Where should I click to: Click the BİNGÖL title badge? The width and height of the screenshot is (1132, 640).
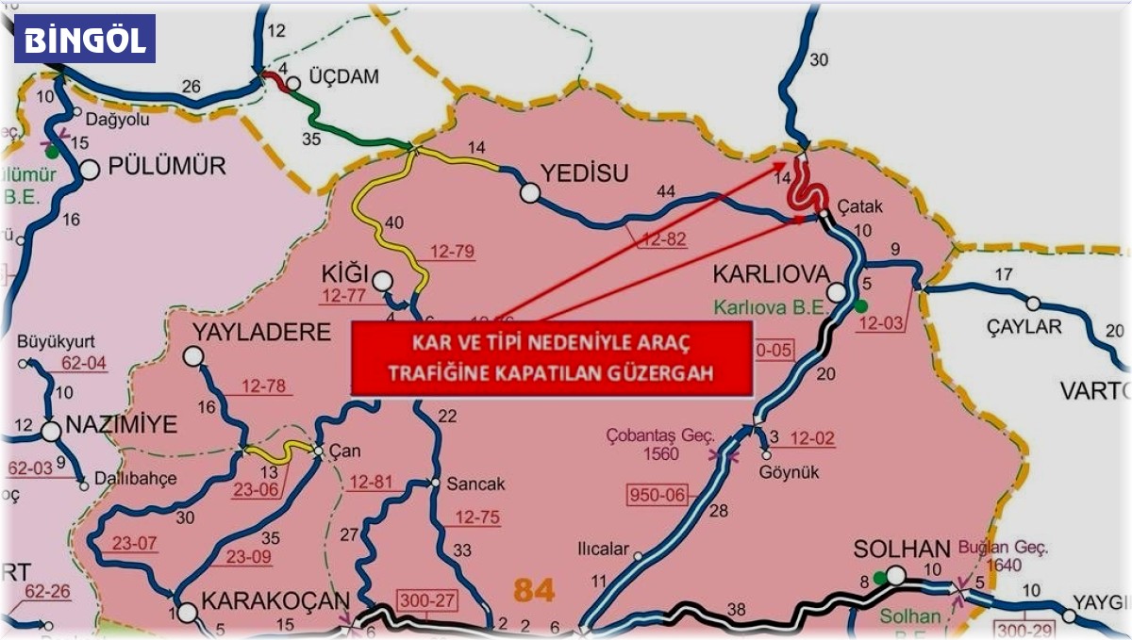pyautogui.click(x=85, y=39)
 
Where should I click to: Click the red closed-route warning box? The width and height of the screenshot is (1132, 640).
pyautogui.click(x=552, y=357)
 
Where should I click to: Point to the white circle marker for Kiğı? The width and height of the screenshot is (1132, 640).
pyautogui.click(x=382, y=280)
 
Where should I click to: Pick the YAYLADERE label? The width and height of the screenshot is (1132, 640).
pyautogui.click(x=262, y=332)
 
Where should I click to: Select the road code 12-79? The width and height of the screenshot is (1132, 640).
pyautogui.click(x=452, y=252)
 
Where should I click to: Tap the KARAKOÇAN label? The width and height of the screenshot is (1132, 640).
pyautogui.click(x=276, y=600)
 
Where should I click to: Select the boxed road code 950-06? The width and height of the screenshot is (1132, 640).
pyautogui.click(x=660, y=493)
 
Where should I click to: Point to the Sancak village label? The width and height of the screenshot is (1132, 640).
pyautogui.click(x=475, y=484)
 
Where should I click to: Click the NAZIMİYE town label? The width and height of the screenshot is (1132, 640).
pyautogui.click(x=122, y=425)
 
